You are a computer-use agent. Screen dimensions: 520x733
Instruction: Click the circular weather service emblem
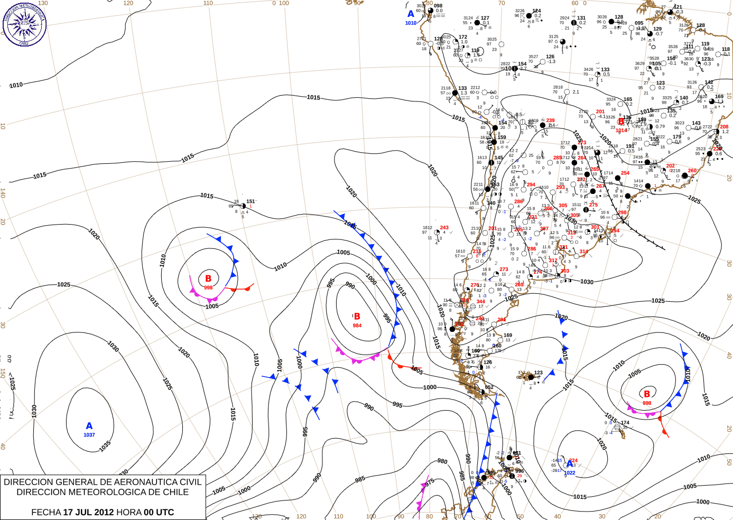pyautogui.click(x=24, y=24)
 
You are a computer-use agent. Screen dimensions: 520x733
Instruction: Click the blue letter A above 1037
pyautogui.click(x=89, y=426)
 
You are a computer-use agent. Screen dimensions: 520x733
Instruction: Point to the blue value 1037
pyautogui.click(x=89, y=435)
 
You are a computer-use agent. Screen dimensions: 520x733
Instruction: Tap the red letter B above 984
pyautogui.click(x=357, y=316)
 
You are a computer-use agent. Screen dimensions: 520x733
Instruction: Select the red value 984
pyautogui.click(x=357, y=326)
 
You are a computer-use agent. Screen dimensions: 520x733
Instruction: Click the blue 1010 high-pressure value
pyautogui.click(x=411, y=23)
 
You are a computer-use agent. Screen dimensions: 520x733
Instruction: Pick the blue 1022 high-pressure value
pyautogui.click(x=570, y=473)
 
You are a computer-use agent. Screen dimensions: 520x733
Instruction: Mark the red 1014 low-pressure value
pyautogui.click(x=621, y=130)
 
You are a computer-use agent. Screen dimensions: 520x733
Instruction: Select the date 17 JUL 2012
pyautogui.click(x=88, y=512)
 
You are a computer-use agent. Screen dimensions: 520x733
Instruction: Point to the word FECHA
pyautogui.click(x=46, y=512)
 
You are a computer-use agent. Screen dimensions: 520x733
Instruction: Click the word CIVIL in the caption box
pyautogui.click(x=191, y=482)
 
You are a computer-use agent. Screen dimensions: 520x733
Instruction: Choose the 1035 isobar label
pyautogui.click(x=105, y=445)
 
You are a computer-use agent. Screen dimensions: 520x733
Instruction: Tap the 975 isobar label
pyautogui.click(x=430, y=481)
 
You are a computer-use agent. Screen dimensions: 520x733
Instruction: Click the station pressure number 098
pyautogui.click(x=438, y=6)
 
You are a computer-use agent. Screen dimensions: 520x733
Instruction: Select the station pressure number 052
pyautogui.click(x=489, y=387)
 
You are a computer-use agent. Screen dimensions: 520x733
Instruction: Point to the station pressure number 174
pyautogui.click(x=625, y=423)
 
